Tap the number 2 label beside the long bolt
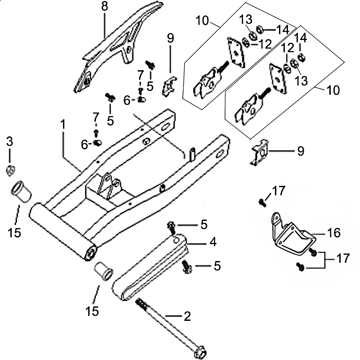(x=186, y=316)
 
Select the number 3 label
(x=10, y=142)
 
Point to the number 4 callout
(x=211, y=242)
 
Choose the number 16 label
(x=334, y=233)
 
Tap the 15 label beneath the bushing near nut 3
(x=14, y=233)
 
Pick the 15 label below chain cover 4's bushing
(x=93, y=310)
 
